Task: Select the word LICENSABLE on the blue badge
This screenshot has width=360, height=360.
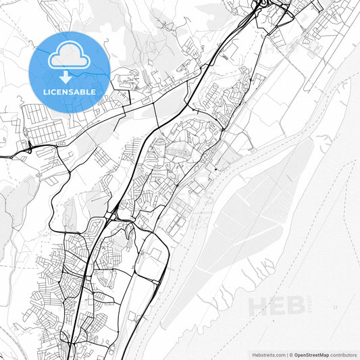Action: tap(70, 91)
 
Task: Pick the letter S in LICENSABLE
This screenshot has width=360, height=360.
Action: tap(74, 91)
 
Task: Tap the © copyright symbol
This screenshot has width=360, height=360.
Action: tap(290, 354)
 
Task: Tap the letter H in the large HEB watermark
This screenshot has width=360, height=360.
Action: tap(257, 306)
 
